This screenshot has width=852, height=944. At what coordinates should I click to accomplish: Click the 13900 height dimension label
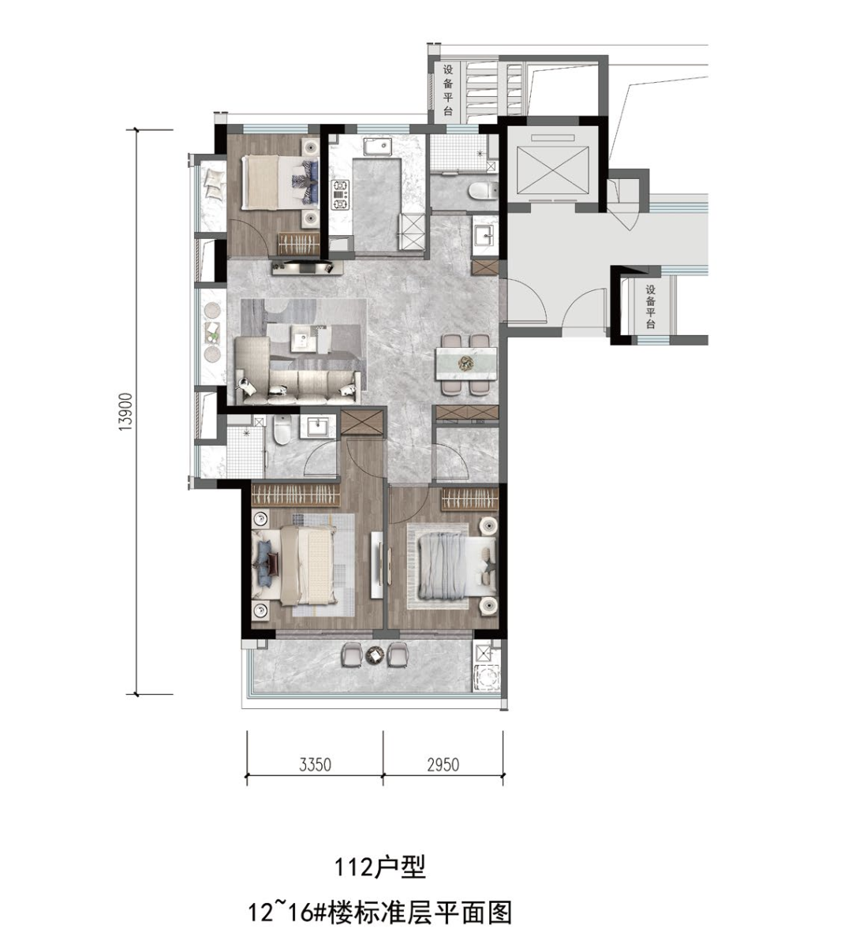pos(125,412)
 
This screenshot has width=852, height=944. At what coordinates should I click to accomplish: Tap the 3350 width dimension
pos(315,765)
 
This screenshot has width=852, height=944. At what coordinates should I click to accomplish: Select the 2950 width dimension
pos(443,765)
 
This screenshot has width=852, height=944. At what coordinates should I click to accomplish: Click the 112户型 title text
pos(380,868)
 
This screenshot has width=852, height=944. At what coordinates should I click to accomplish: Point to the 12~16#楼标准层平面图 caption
pos(380,912)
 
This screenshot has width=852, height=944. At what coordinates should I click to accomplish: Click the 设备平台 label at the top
pos(448,90)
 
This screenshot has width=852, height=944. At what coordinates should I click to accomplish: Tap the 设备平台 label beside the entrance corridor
pos(650,307)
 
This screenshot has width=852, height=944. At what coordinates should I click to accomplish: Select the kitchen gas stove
pos(340,195)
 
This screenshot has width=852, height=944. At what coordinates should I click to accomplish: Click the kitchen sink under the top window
pos(378,147)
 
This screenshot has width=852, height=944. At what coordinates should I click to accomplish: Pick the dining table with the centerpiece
pos(468,364)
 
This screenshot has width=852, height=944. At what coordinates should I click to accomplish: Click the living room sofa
pos(296,372)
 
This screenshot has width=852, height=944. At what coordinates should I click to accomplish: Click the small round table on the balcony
pos(376,655)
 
